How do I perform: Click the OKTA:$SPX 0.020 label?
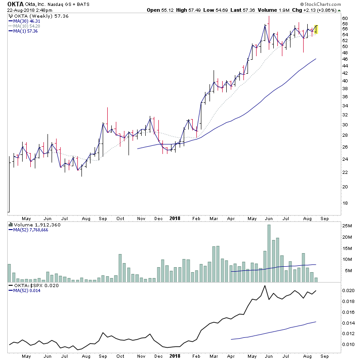pyautogui.click(x=32, y=285)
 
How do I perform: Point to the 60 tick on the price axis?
pyautogui.click(x=345, y=18)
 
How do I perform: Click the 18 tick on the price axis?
pyautogui.click(x=345, y=203)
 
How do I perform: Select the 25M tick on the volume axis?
pyautogui.click(x=347, y=226)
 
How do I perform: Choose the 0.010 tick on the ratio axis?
pyautogui.click(x=348, y=345)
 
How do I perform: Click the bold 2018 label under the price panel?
pyautogui.click(x=175, y=218)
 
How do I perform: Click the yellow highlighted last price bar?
pyautogui.click(x=316, y=29)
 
